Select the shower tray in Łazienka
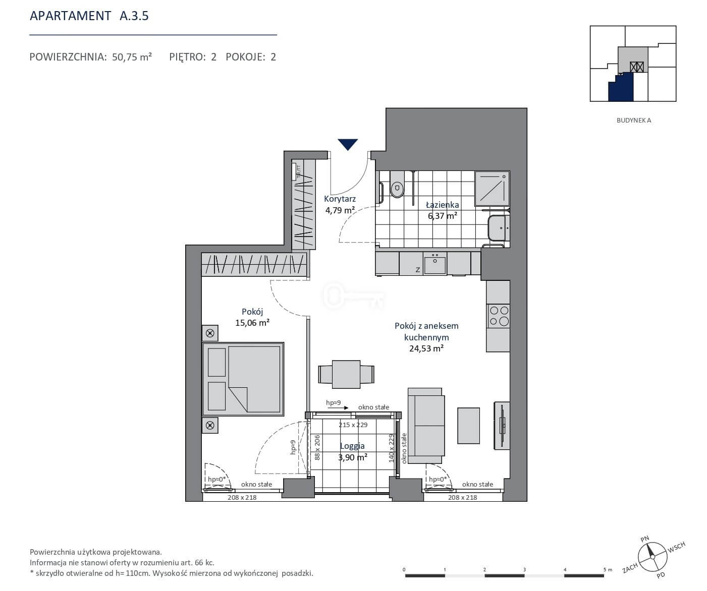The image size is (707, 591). tap(492, 189)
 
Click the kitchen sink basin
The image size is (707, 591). tap(435, 264)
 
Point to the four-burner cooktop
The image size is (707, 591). tap(499, 316)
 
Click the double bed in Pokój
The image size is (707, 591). tap(243, 379)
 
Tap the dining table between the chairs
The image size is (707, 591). tap(346, 374)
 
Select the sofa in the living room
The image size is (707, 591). tap(426, 426)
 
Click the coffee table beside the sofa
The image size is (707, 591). tap(469, 426)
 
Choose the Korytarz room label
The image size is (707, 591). tap(340, 199)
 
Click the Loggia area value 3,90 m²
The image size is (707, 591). tap(353, 457)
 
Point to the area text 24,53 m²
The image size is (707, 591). tap(426, 348)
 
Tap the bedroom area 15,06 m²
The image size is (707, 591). tap(252, 322)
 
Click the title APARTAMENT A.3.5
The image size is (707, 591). tap(89, 16)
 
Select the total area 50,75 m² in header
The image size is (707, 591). tap(132, 57)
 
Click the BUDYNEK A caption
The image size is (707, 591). tap(633, 120)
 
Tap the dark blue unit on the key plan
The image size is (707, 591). tap(621, 88)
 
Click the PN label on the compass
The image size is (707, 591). tap(645, 539)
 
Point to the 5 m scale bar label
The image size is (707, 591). tap(608, 569)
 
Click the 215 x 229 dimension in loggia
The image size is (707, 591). tap(353, 425)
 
